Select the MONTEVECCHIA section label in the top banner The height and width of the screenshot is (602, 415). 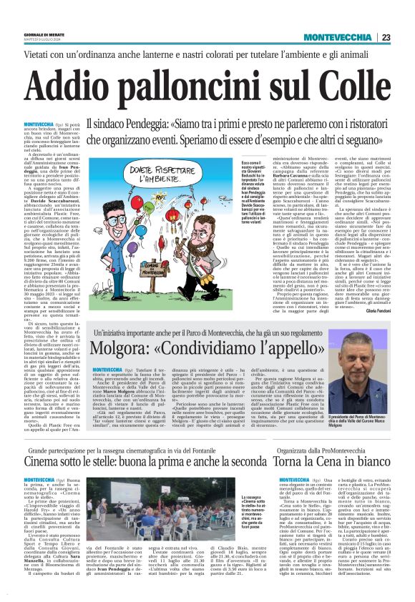click(338, 37)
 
